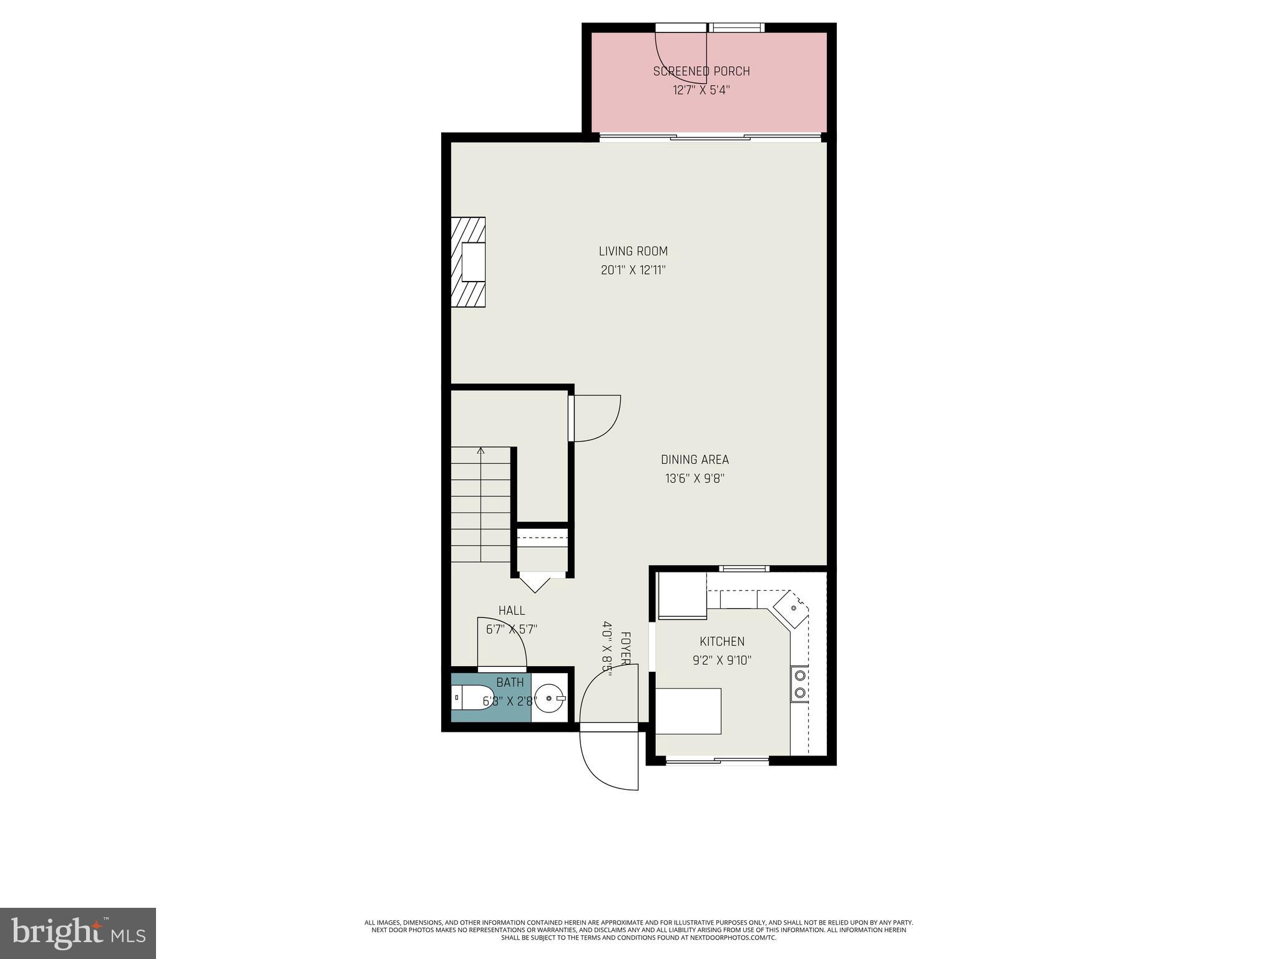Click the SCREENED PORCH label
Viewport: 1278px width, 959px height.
701,71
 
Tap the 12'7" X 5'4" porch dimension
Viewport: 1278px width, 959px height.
701,90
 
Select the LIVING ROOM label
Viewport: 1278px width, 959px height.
633,251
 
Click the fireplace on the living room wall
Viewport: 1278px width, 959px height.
469,262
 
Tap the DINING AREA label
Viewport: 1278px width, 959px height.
695,460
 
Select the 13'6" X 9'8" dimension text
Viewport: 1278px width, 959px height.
695,479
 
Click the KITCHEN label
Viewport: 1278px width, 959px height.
721,641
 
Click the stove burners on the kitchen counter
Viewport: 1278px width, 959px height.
799,683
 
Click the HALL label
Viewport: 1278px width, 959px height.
511,611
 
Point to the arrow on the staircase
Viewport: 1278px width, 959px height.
480,451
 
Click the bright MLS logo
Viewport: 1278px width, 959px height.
78,933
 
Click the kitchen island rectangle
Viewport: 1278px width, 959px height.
688,711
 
